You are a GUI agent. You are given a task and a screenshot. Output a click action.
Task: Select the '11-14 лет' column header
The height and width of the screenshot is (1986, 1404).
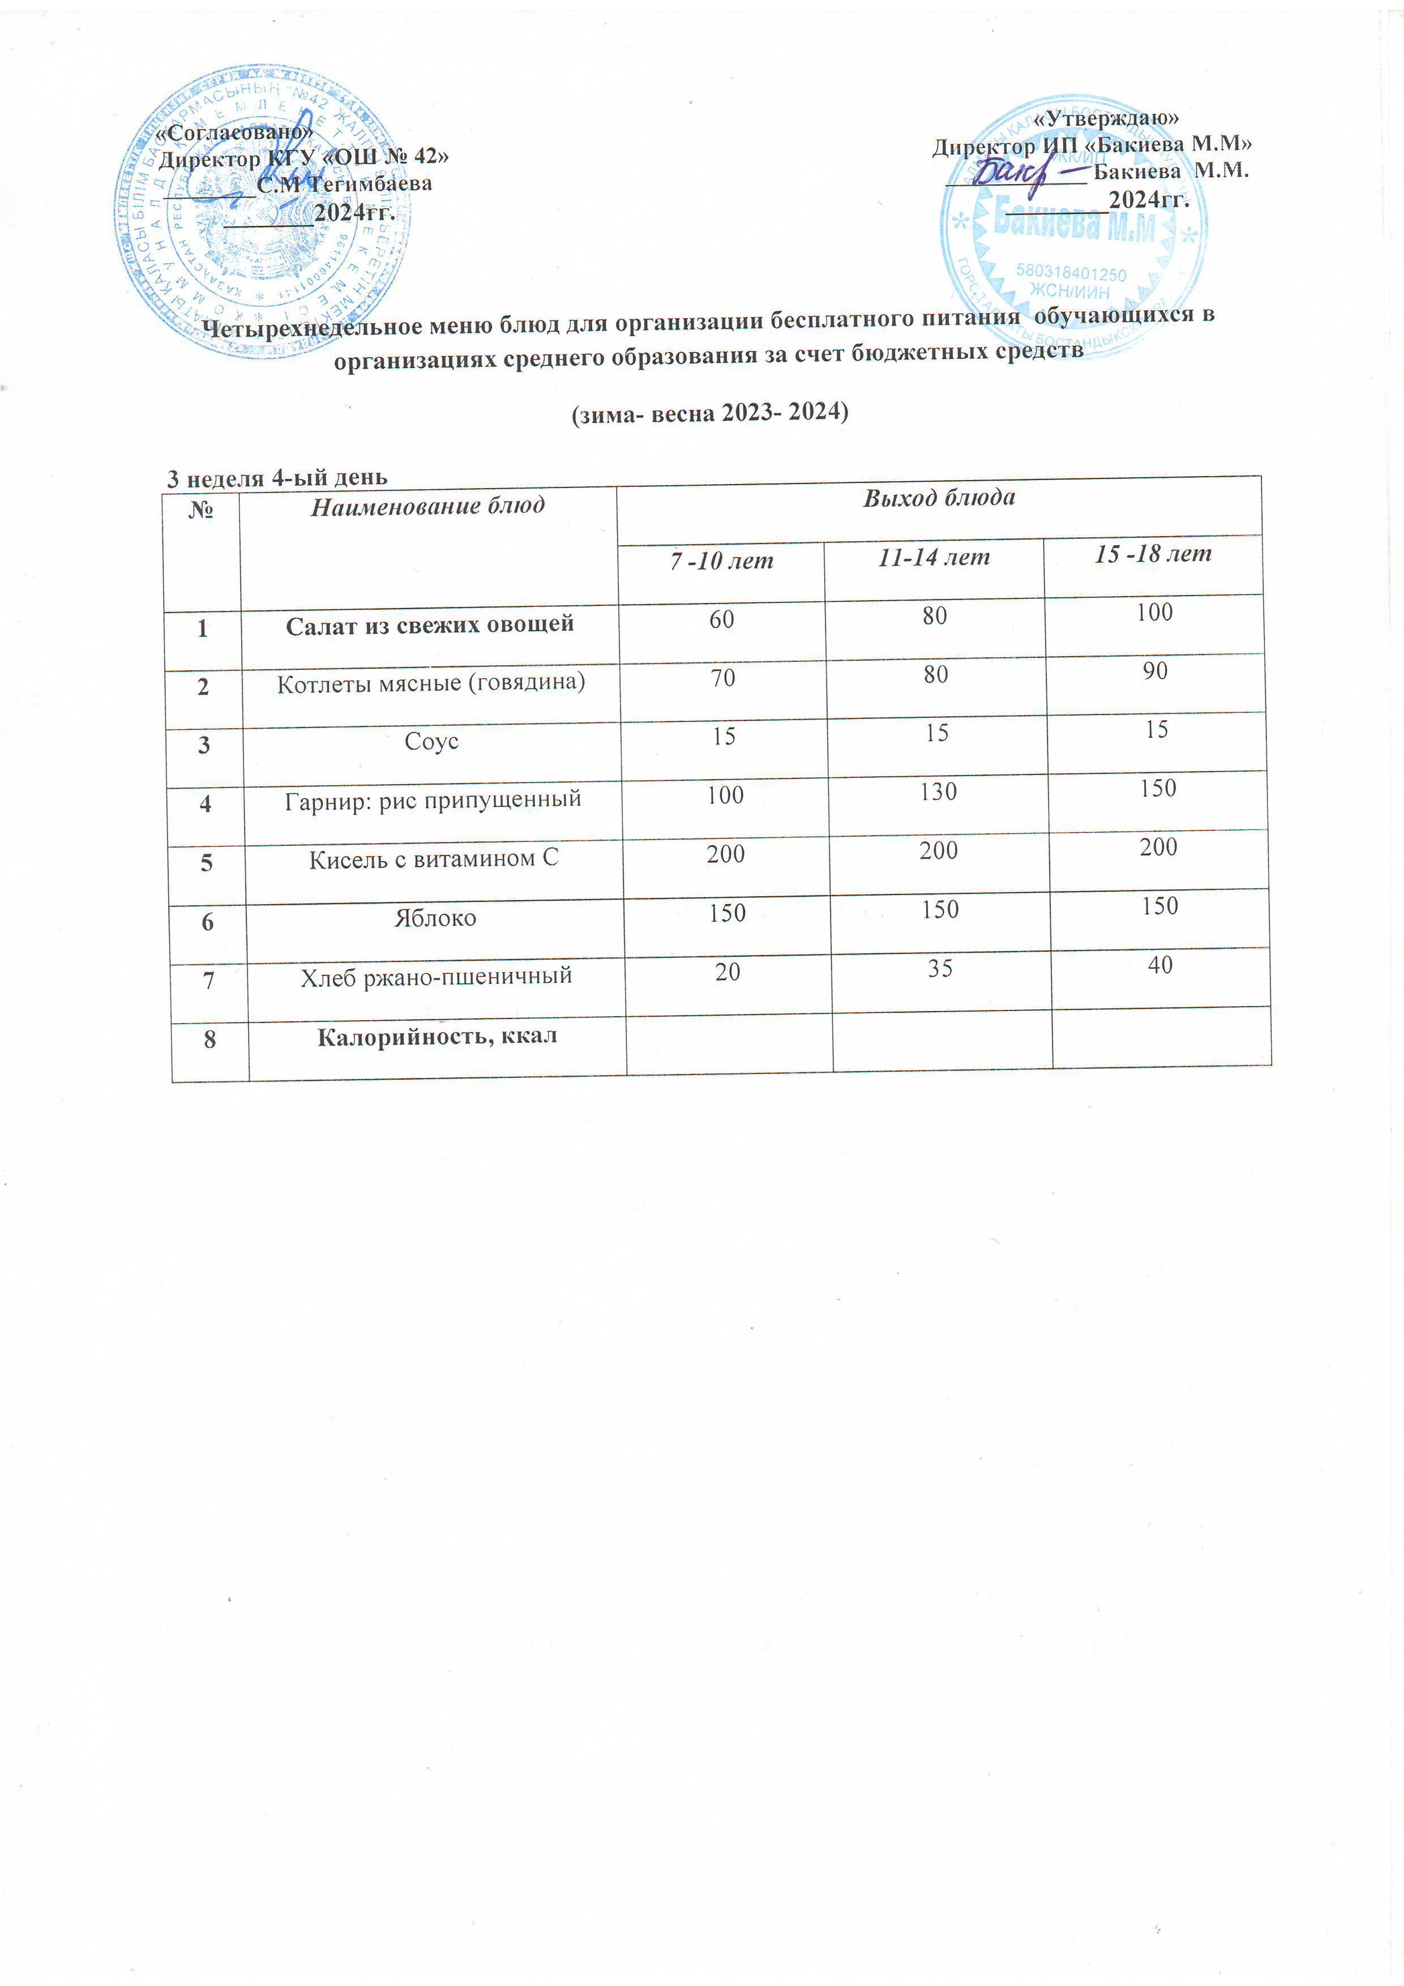click(934, 558)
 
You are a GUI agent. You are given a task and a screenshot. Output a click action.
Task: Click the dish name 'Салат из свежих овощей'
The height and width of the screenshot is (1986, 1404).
click(430, 624)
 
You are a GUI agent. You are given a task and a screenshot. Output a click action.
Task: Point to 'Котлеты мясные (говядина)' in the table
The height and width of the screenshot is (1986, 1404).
click(431, 682)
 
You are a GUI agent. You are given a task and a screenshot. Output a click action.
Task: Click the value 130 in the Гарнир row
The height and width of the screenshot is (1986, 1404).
click(939, 791)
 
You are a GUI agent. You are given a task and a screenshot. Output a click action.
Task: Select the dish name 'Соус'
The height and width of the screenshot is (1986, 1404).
click(431, 741)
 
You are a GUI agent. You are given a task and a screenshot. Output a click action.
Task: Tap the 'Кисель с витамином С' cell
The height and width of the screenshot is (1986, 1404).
click(434, 859)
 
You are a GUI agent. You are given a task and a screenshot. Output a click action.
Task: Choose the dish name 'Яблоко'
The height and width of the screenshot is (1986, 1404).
click(435, 918)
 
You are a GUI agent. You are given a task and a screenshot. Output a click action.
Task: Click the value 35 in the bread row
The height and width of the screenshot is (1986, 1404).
click(940, 968)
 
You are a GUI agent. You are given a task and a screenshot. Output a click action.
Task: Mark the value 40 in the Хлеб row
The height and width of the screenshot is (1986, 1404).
click(1160, 965)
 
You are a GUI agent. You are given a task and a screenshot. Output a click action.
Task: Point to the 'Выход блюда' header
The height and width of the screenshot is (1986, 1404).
click(939, 498)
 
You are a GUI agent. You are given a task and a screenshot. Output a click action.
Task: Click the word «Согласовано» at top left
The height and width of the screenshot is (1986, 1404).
click(234, 133)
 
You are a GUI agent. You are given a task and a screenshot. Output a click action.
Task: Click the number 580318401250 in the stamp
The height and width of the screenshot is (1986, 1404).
click(1071, 274)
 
